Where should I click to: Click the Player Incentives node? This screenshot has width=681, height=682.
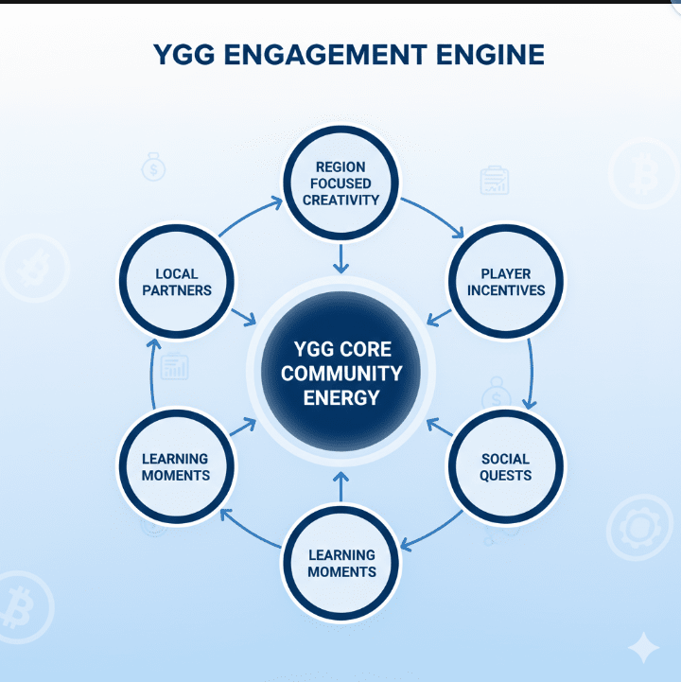point(505,282)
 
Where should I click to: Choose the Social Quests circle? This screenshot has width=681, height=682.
point(505,466)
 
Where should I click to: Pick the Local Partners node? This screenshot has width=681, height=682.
point(177,282)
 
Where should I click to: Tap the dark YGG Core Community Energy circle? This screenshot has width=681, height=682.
point(341,372)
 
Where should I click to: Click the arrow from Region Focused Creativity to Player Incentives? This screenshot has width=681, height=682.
point(433,216)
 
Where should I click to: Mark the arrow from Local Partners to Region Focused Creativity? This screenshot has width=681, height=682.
point(251,216)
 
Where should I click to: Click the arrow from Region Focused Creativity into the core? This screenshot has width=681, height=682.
point(341,257)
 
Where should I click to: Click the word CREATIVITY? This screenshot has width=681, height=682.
point(341,200)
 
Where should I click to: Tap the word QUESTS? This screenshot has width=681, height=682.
point(505,475)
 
